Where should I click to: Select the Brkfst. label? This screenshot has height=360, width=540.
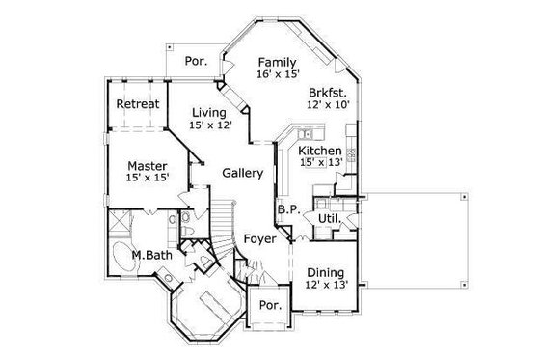pos(328,93)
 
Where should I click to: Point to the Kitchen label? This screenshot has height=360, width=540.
pos(318,152)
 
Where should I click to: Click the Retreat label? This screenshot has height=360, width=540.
pos(138,104)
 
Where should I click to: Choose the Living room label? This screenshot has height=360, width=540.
pos(209,113)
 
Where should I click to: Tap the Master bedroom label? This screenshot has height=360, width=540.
pos(148,164)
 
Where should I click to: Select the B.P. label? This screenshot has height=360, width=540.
pos(286,209)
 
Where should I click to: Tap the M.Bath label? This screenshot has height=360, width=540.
pos(151,254)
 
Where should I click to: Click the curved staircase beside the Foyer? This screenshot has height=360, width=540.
pos(224,227)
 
